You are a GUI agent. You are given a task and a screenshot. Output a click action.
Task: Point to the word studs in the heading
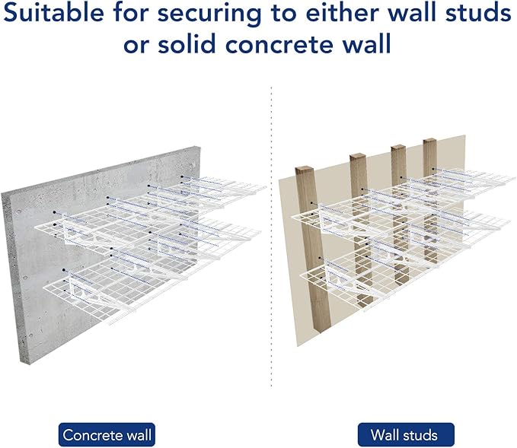pos(477,14)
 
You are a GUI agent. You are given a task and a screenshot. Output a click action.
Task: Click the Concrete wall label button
pos(107,435)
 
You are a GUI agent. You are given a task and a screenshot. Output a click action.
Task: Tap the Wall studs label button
pos(404,435)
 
